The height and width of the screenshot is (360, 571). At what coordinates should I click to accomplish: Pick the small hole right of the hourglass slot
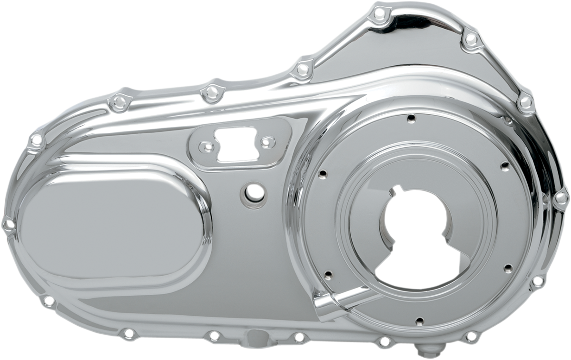268,140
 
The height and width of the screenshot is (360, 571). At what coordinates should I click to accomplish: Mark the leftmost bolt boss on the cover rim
7,223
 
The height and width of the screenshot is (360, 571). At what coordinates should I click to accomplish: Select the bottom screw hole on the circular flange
418,321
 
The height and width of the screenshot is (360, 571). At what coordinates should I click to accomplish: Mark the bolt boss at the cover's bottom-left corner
48,301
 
